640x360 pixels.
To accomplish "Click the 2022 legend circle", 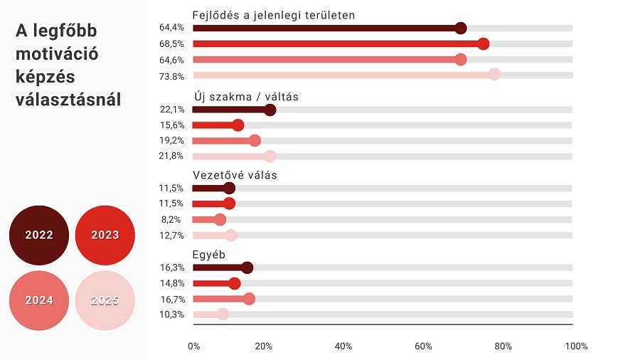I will coord(39,235).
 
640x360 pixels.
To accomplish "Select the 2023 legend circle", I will coord(105,235).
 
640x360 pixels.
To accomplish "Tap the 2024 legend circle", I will coord(39,300).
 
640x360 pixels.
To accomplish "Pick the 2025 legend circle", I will coord(105,300).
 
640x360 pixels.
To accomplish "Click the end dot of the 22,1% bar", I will coord(270,110).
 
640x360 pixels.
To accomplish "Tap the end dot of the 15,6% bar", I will coord(238,125).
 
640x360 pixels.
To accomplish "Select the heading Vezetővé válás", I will coord(235,175).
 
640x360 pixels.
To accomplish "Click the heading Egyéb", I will coord(208,254).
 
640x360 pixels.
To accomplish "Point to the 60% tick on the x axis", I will coord(423,346).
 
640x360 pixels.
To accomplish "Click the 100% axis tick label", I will coord(576,346).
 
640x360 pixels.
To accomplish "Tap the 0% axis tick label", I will coord(194,346).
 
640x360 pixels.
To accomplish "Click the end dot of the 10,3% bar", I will coord(223,314).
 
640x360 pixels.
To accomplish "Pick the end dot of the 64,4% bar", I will coord(460,28).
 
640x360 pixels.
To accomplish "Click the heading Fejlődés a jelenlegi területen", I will coord(274,15).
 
